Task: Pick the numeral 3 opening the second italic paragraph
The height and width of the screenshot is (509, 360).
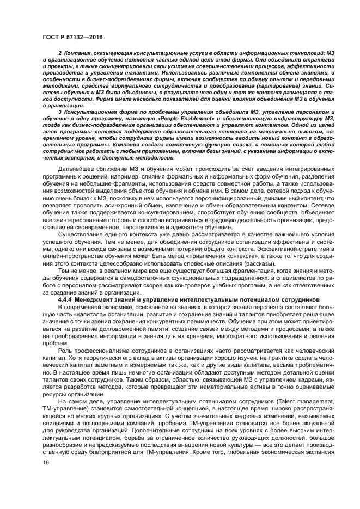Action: pyautogui.click(x=59, y=126)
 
